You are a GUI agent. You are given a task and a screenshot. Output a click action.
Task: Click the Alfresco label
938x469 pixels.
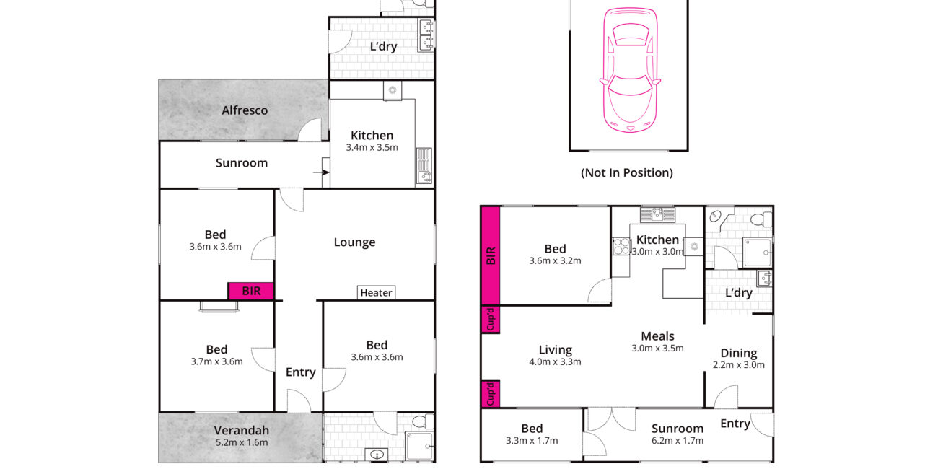(245, 110)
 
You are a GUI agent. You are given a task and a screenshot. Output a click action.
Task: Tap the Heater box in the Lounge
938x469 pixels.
(376, 293)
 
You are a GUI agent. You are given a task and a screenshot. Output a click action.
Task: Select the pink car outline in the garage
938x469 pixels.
(630, 70)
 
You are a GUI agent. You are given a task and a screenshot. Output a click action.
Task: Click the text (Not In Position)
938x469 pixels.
(627, 172)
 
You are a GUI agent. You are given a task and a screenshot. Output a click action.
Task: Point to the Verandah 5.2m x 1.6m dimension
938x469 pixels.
(242, 442)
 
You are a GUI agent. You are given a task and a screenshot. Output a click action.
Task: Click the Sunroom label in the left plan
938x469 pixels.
(242, 162)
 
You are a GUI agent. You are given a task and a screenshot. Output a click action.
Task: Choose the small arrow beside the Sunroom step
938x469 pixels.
(321, 172)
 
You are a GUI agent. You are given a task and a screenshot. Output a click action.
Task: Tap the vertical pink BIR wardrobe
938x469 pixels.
(491, 255)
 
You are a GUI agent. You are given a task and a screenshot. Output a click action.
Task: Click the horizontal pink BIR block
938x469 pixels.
(251, 291)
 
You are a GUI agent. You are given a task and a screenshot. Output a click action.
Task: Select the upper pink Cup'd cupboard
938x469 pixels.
(491, 319)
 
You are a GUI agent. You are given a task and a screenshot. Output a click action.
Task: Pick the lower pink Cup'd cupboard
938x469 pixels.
(491, 394)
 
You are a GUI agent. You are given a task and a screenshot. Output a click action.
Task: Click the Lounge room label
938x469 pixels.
(354, 242)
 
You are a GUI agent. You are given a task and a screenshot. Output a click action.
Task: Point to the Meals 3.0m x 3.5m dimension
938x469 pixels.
(657, 348)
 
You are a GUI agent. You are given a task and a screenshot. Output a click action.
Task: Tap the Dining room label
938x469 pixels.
(739, 353)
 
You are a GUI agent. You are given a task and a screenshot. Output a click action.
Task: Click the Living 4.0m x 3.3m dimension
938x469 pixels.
(555, 361)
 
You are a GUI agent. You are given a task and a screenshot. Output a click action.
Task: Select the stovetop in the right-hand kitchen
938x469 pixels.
(621, 246)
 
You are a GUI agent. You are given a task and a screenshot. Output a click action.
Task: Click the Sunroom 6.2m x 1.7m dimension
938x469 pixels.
(677, 441)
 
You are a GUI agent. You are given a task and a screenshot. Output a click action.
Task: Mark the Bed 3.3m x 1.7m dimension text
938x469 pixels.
(532, 441)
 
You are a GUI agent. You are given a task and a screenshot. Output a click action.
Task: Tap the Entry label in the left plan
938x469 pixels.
(300, 372)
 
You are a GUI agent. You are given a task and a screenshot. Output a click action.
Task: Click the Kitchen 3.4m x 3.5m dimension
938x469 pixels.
(372, 147)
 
